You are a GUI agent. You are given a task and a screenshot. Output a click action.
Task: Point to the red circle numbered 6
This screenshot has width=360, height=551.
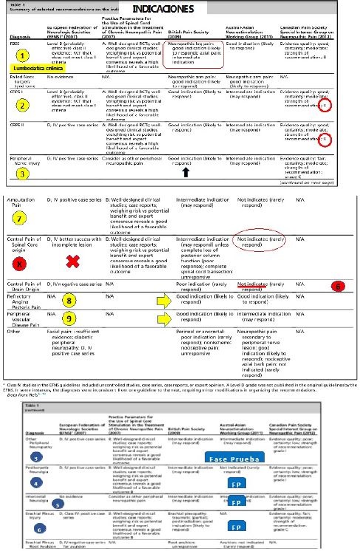337,285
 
